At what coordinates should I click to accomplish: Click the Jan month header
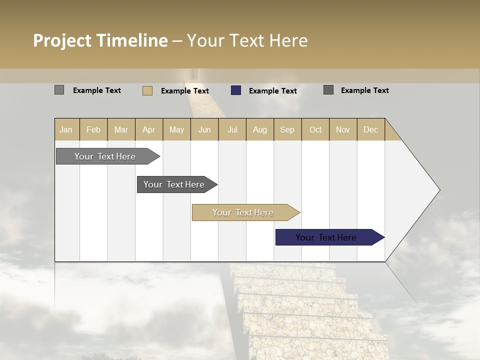coord(66,129)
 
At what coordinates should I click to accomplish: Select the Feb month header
coord(93,129)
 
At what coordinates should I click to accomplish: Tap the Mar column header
coord(121,129)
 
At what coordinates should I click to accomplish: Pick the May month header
coord(176,129)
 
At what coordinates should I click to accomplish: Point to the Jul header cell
coord(232,129)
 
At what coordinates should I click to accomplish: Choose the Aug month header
coord(259,129)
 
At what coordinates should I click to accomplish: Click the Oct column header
coord(315,129)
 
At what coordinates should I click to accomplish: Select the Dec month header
coord(370,129)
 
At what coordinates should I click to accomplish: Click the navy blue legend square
coord(236,90)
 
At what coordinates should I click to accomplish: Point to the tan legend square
coord(147,90)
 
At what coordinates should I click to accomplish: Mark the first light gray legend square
coord(59,90)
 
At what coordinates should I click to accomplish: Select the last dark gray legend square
coord(328,90)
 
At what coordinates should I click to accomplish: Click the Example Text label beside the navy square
coord(272,91)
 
